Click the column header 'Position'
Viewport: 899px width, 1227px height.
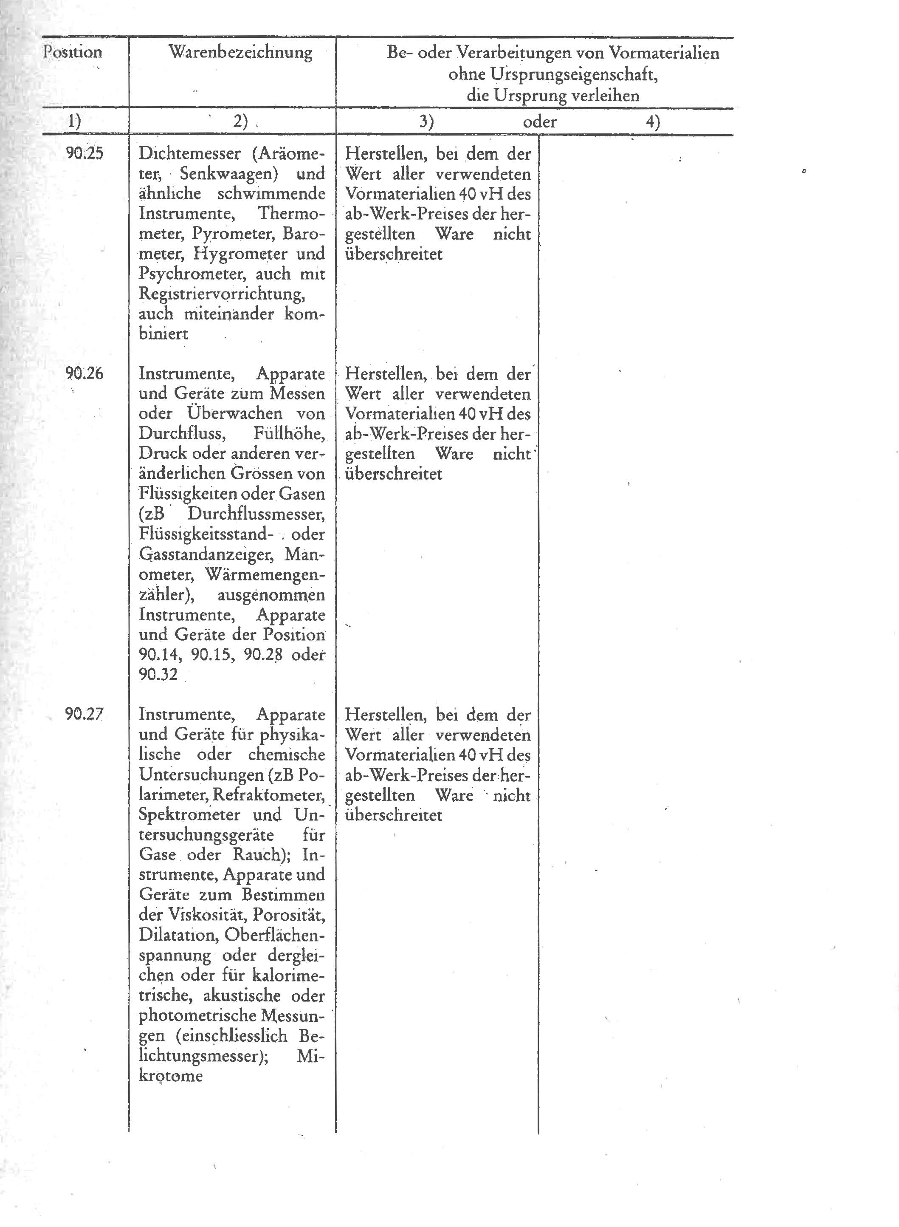coord(72,52)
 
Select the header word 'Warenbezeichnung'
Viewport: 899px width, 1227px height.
coord(240,52)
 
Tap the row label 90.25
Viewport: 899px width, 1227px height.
coord(85,153)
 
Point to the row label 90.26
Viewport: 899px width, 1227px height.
coord(85,373)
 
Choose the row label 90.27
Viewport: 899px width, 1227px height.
coord(85,714)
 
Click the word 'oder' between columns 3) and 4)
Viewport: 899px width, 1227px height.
coord(539,122)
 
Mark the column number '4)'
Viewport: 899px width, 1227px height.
coord(652,122)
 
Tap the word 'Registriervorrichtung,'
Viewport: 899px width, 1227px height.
coord(222,294)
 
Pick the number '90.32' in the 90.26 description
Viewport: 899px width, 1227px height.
coord(158,675)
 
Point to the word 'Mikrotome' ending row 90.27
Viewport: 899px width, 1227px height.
coord(171,1076)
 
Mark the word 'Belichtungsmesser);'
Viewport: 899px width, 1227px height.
coord(203,1056)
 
